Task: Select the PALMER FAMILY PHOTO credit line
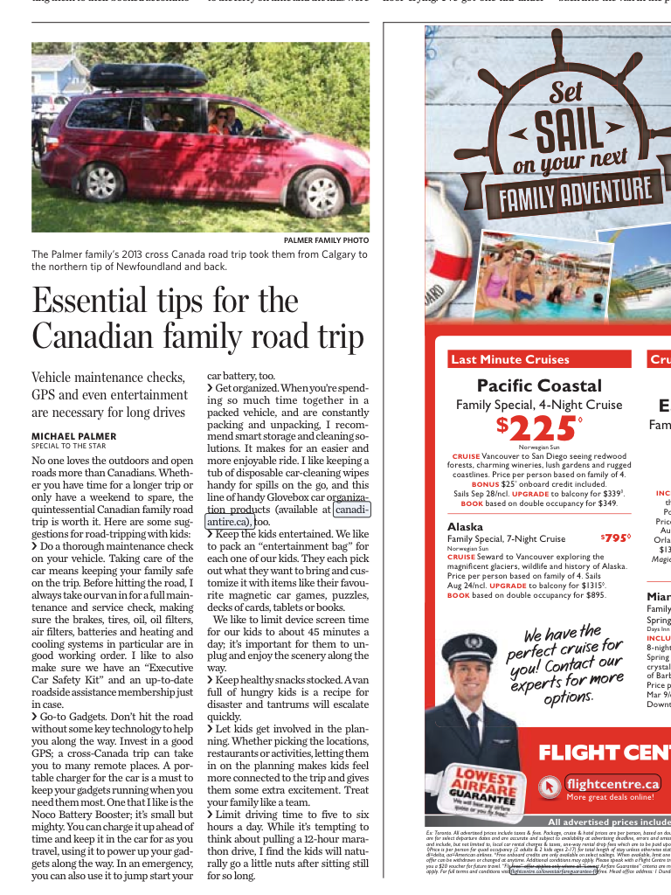[x=326, y=240]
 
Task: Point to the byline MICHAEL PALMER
[x=73, y=436]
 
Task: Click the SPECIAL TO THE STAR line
[x=68, y=446]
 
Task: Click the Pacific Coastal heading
[x=539, y=385]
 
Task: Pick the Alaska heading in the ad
[x=465, y=527]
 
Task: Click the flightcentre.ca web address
[x=612, y=783]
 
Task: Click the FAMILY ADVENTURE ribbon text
[x=575, y=194]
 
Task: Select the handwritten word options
[x=568, y=697]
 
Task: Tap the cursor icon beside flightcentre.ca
[x=550, y=786]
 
